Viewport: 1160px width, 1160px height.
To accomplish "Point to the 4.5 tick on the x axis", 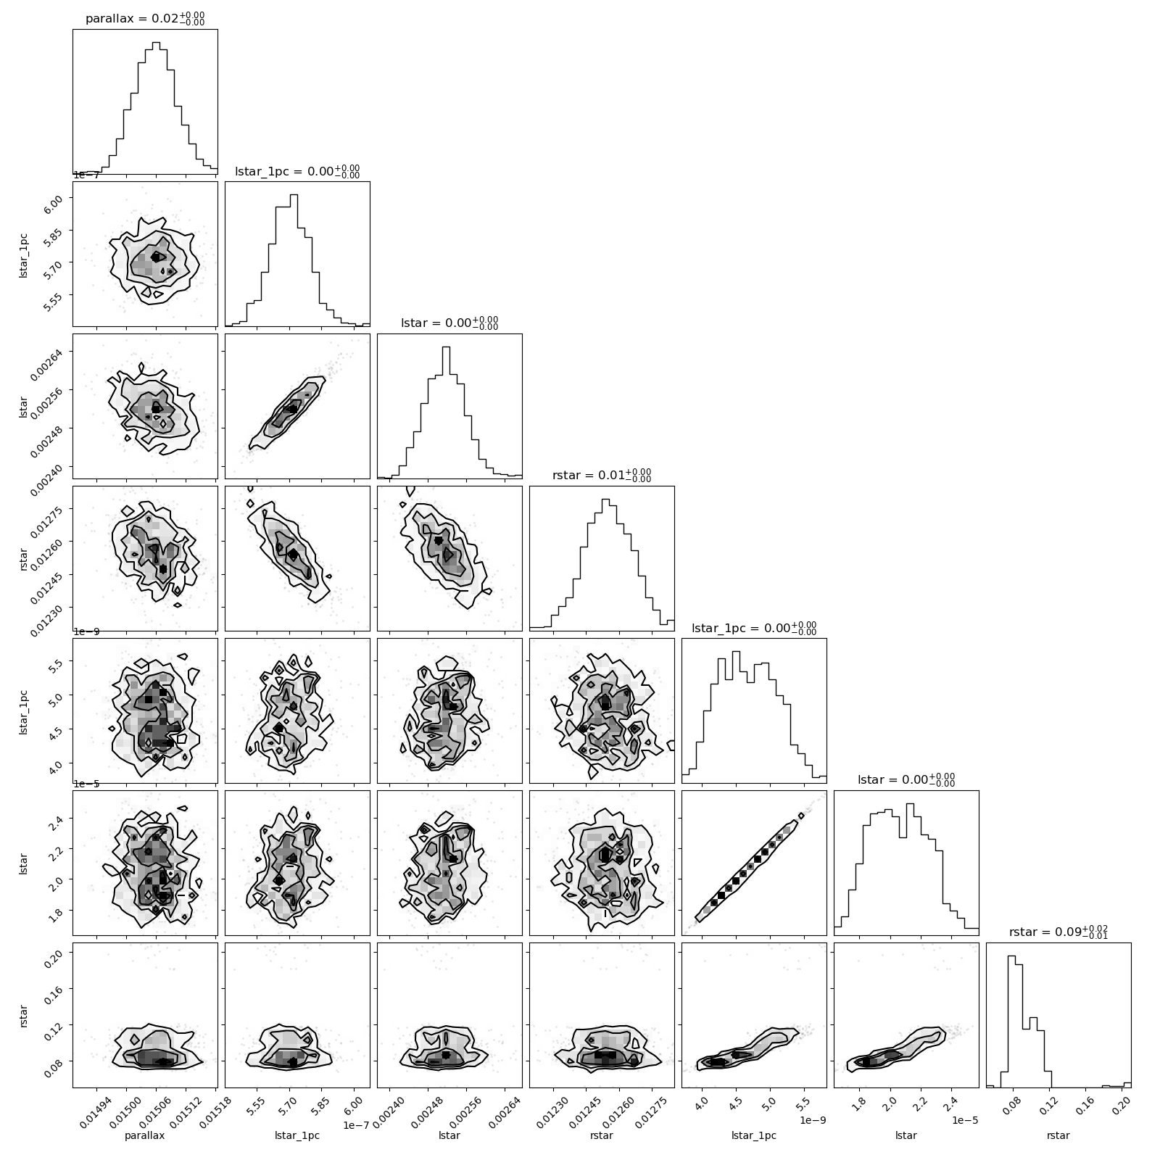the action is tap(733, 1105).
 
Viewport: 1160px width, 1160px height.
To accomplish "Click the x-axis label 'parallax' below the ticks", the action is tap(145, 1135).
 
